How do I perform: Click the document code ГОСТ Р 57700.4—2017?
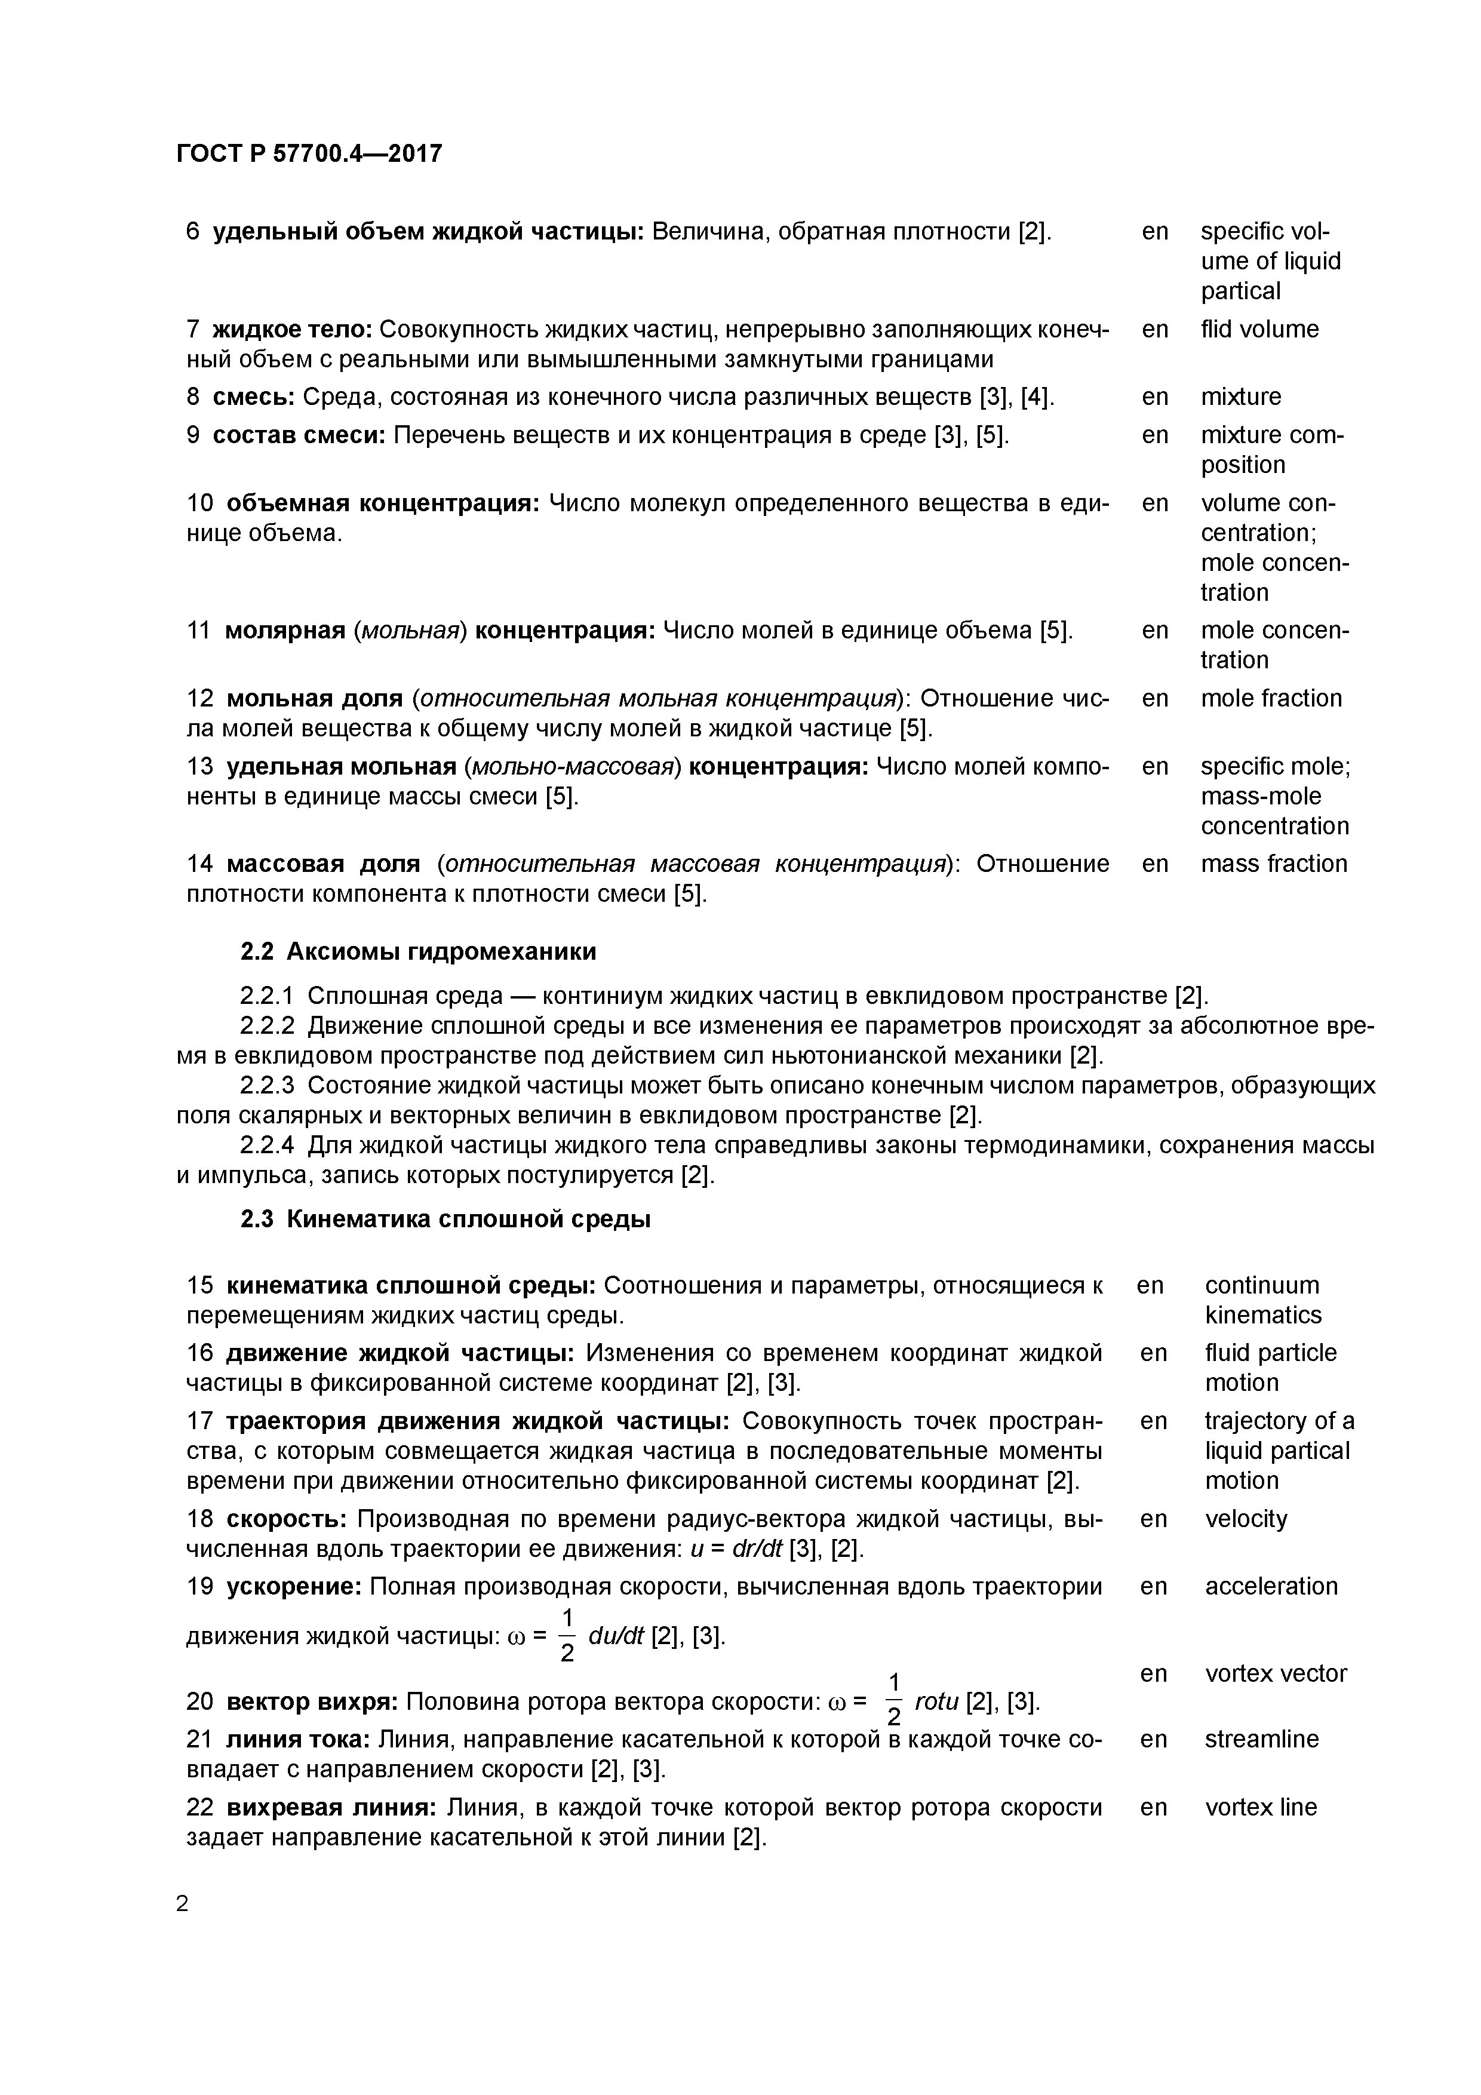(308, 154)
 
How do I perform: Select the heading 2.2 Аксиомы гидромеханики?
(418, 952)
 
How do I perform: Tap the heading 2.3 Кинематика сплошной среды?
(445, 1219)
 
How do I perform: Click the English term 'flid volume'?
(1259, 330)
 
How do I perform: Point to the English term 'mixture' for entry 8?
(1240, 397)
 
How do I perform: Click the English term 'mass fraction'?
(1273, 863)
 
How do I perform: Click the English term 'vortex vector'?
(1275, 1673)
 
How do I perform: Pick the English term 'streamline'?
(1261, 1739)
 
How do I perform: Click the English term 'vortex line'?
(1260, 1808)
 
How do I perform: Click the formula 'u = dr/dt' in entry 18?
(736, 1549)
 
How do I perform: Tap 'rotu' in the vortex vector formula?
(935, 1701)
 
